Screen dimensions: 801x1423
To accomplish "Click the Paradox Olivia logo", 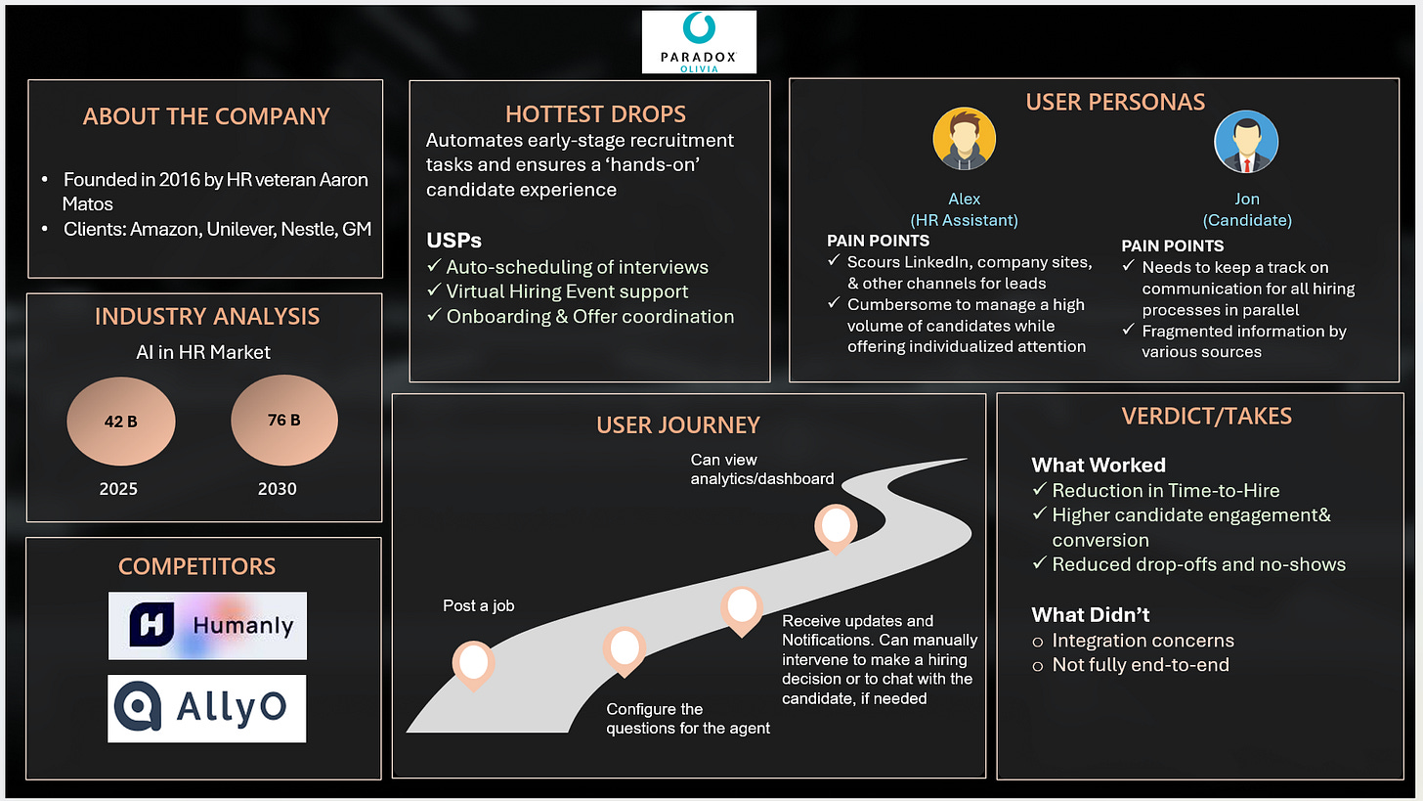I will tap(699, 42).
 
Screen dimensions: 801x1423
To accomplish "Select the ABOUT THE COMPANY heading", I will tap(206, 116).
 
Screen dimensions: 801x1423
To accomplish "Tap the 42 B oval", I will tap(121, 422).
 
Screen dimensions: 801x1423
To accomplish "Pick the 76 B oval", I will tap(283, 421).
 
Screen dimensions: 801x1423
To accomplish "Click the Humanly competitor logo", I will tap(207, 625).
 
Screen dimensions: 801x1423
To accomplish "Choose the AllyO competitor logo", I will tap(207, 708).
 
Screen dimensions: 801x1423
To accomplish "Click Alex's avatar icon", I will tap(964, 140).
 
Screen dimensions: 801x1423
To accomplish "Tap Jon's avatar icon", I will tap(1245, 142).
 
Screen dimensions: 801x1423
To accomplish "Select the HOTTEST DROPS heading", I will tap(589, 113).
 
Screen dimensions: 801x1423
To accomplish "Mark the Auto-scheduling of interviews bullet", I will tap(577, 267).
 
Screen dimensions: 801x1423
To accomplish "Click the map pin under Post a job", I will tap(474, 664).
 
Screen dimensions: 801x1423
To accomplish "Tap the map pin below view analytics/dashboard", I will tap(836, 528).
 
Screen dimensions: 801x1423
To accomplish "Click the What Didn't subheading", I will tap(1091, 615).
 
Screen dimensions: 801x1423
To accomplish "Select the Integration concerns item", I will tap(1143, 641).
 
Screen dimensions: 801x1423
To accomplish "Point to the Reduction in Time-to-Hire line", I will tap(1165, 491).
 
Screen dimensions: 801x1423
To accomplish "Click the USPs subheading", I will tap(453, 241).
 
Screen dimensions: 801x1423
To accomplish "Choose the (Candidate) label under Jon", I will tap(1246, 220).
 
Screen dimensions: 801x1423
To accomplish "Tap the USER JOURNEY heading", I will tap(677, 425).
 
